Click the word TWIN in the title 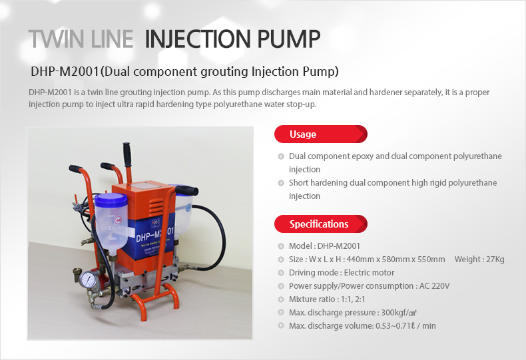coord(55,39)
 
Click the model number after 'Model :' coord(339,246)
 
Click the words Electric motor coord(368,272)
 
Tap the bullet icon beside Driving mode coord(280,273)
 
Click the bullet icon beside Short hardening coord(280,183)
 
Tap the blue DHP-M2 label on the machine coord(153,235)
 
